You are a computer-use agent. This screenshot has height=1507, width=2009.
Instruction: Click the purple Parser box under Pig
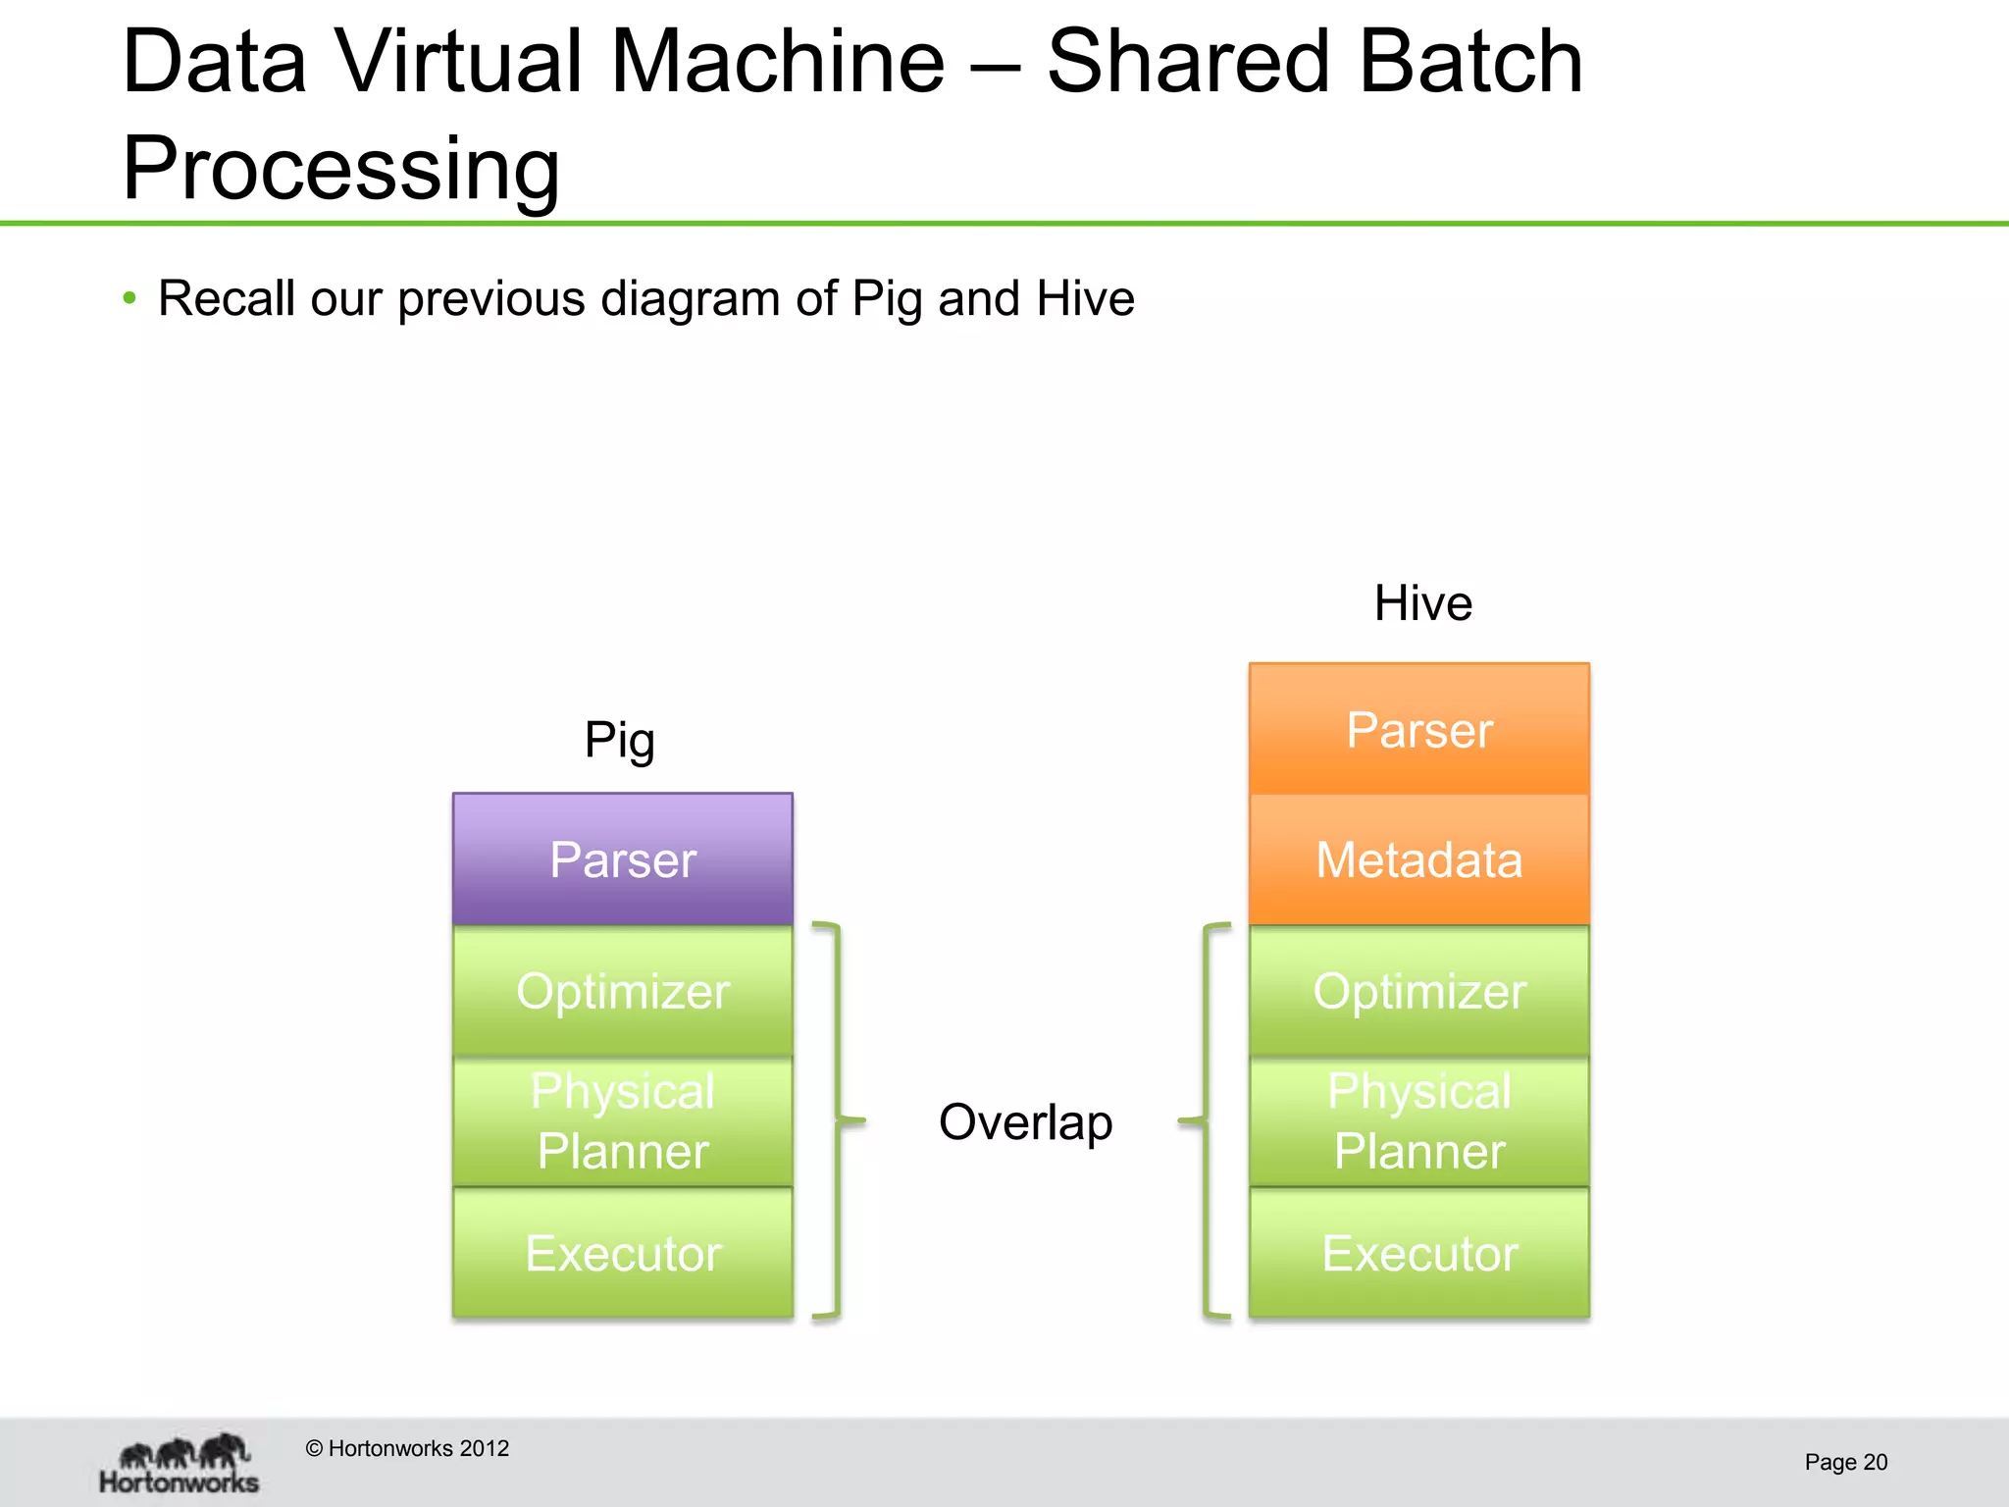[622, 859]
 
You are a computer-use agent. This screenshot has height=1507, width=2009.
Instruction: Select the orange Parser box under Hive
[1418, 729]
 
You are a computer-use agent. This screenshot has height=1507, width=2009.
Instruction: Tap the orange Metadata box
[1418, 859]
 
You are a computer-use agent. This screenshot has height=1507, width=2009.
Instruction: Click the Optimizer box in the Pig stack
[622, 991]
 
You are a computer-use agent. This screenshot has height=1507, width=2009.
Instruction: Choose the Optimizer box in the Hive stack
[1418, 991]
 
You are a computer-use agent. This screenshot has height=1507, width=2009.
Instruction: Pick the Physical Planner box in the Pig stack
[622, 1121]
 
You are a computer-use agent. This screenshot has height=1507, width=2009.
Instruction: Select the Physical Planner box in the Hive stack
[1418, 1121]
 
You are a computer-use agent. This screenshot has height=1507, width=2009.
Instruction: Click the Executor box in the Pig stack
[622, 1253]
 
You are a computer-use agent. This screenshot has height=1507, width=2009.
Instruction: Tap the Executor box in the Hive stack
[1418, 1253]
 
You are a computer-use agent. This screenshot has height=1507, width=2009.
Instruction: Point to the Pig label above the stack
[619, 741]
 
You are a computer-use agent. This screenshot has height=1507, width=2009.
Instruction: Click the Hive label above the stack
[1422, 602]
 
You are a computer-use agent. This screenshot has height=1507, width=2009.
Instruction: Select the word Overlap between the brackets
[1025, 1121]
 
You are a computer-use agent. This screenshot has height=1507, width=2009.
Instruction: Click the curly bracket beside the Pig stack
[837, 1119]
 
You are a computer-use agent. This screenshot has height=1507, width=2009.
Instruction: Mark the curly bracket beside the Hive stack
[1206, 1119]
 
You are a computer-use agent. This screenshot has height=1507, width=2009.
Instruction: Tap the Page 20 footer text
[1845, 1462]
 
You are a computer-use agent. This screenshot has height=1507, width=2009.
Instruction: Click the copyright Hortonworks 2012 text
[407, 1448]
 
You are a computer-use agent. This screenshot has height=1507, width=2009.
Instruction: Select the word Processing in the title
[340, 168]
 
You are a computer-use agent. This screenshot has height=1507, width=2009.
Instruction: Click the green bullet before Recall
[129, 297]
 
